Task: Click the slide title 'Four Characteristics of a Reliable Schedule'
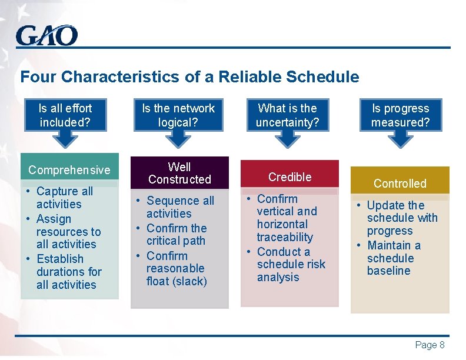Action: click(189, 77)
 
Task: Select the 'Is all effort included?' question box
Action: click(65, 115)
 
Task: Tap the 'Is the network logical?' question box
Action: click(178, 115)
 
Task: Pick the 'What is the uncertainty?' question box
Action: click(287, 115)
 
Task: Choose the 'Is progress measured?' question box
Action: click(400, 115)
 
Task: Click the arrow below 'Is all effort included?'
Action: click(65, 139)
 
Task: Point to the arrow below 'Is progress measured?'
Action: click(400, 139)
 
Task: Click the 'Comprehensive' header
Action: click(69, 170)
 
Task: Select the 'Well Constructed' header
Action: click(179, 173)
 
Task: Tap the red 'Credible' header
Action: click(289, 176)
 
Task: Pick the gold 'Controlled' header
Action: click(400, 184)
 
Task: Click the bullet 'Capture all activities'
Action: click(64, 198)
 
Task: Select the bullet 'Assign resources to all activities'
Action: click(67, 232)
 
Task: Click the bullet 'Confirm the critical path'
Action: click(176, 234)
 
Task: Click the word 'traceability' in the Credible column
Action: click(285, 237)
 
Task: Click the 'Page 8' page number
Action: click(430, 345)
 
